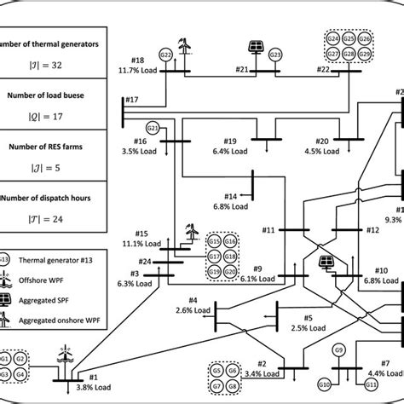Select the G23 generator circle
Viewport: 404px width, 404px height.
pyautogui.click(x=275, y=55)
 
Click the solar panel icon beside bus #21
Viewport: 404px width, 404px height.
pyautogui.click(x=255, y=47)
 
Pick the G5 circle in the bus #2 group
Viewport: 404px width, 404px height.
pyautogui.click(x=217, y=372)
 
